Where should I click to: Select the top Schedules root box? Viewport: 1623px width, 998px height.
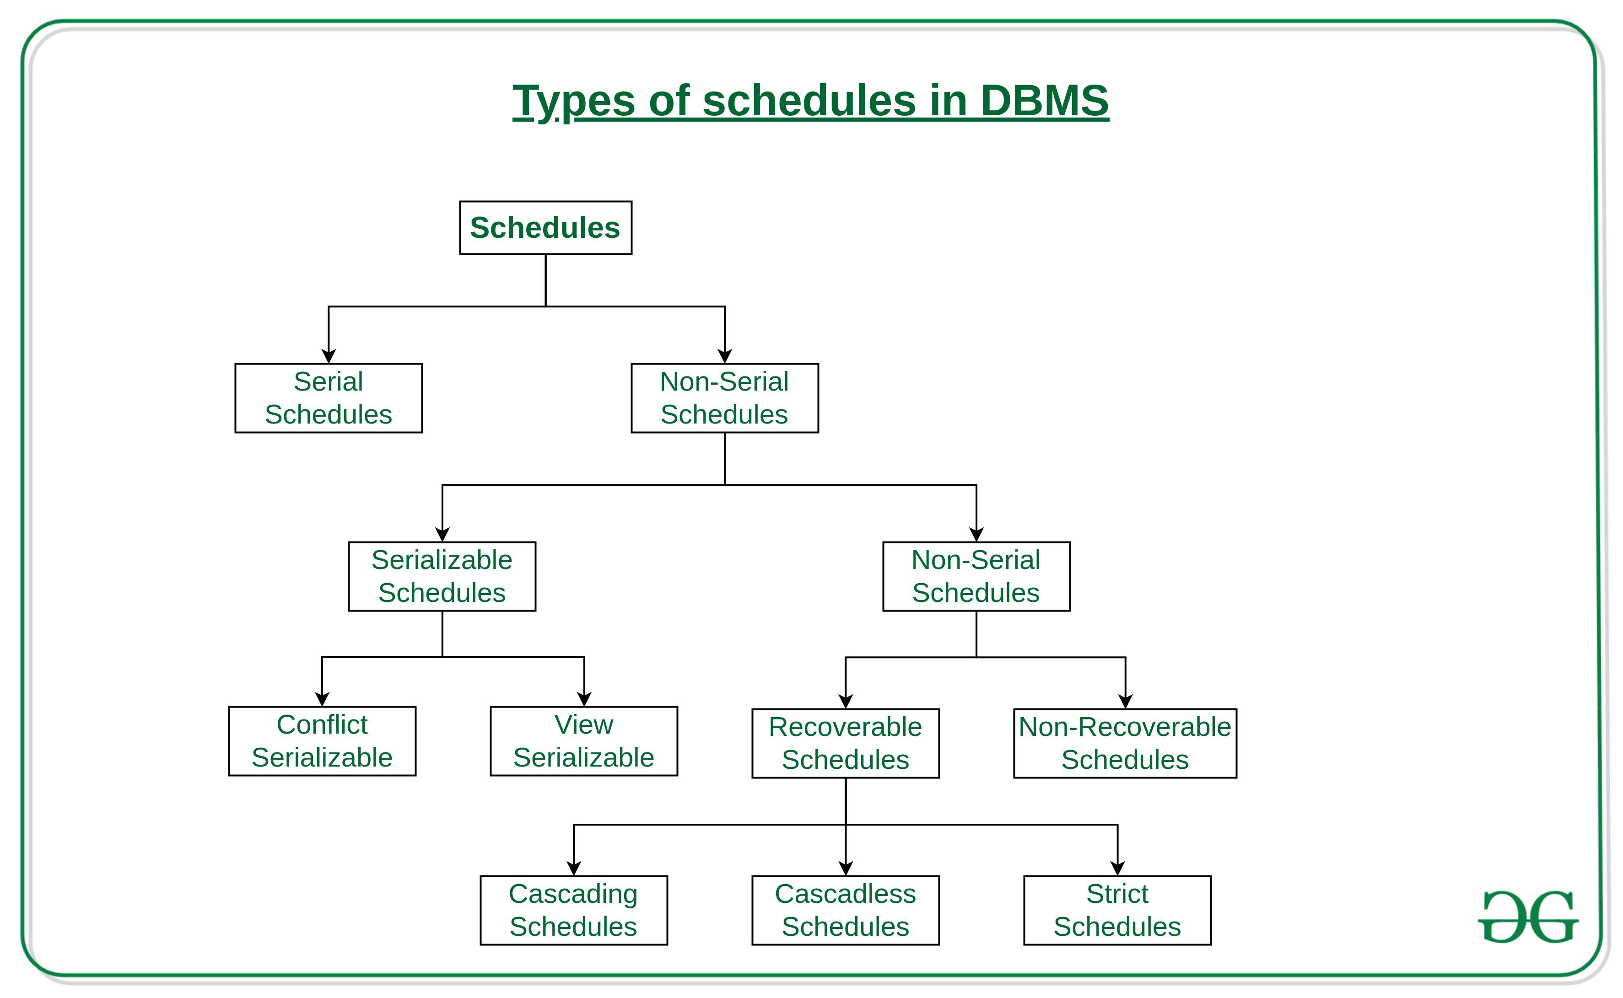545,228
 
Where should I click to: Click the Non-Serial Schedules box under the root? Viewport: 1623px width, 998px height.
724,398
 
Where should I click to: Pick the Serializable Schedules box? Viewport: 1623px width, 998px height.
442,576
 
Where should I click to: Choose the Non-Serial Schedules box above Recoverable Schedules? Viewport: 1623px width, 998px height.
976,576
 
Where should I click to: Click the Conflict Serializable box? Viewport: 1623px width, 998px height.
322,741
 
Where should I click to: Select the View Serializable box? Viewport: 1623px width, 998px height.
584,741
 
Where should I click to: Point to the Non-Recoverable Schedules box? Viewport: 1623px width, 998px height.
1125,743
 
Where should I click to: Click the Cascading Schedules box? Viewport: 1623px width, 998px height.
573,910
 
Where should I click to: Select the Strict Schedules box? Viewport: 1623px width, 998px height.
1117,910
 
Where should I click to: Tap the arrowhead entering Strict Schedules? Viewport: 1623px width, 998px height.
1117,868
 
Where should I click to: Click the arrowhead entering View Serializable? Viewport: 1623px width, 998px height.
584,699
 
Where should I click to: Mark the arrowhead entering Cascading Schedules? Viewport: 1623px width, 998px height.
574,868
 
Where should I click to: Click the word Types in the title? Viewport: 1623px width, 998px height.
573,101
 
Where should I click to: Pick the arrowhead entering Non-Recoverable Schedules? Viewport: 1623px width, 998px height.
1125,701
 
